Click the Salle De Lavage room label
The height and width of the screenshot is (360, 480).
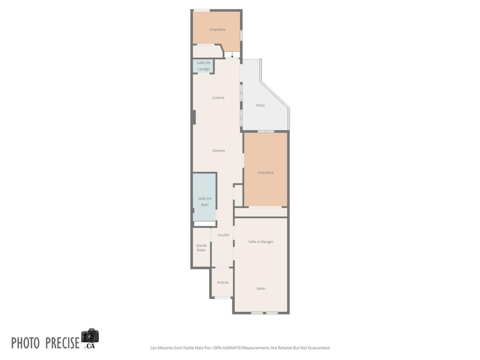coord(203,66)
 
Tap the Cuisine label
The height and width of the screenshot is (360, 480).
coord(218,98)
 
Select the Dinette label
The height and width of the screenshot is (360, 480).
coord(219,151)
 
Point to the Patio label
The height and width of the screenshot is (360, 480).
coord(260,106)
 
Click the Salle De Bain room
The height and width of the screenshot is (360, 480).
coord(205,202)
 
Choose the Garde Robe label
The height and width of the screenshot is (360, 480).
coord(201,248)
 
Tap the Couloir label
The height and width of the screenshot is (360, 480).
coord(223,235)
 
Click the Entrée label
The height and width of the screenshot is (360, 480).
coord(223,283)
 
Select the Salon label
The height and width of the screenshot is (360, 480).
coord(261,289)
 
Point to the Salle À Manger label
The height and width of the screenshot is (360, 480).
coord(261,242)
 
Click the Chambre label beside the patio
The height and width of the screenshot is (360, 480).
coord(265,173)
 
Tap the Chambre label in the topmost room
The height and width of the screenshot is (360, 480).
coord(217,30)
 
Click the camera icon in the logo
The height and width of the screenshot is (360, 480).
coord(90,336)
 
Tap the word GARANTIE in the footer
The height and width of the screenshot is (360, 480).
coord(232,348)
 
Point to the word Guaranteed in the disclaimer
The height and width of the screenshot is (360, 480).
coord(318,348)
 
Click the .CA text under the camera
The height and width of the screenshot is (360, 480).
coord(90,346)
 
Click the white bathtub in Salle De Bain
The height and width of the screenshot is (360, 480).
coord(205,224)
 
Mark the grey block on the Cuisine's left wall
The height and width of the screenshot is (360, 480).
coord(194,117)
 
